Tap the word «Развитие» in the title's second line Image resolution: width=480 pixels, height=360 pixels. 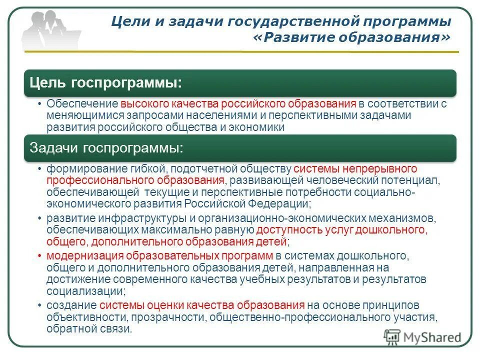click(298, 38)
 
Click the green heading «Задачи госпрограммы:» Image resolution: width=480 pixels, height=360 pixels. click(106, 147)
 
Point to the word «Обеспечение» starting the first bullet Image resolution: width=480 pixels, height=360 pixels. click(82, 104)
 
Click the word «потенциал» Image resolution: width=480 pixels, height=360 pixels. click(414, 180)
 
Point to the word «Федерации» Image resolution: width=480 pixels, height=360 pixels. click(283, 203)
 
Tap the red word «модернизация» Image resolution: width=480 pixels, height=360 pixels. click(80, 256)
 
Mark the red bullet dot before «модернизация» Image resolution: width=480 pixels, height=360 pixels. click(40, 256)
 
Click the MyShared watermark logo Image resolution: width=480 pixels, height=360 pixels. click(422, 336)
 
